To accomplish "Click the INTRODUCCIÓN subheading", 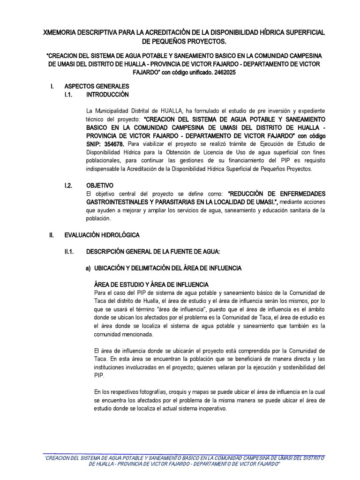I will click(x=107, y=94).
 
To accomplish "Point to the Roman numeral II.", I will click(x=53, y=235).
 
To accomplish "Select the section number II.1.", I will click(x=70, y=252).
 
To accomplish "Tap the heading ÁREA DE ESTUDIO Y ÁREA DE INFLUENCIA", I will click(x=151, y=285).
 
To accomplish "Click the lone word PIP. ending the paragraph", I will click(x=99, y=375).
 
